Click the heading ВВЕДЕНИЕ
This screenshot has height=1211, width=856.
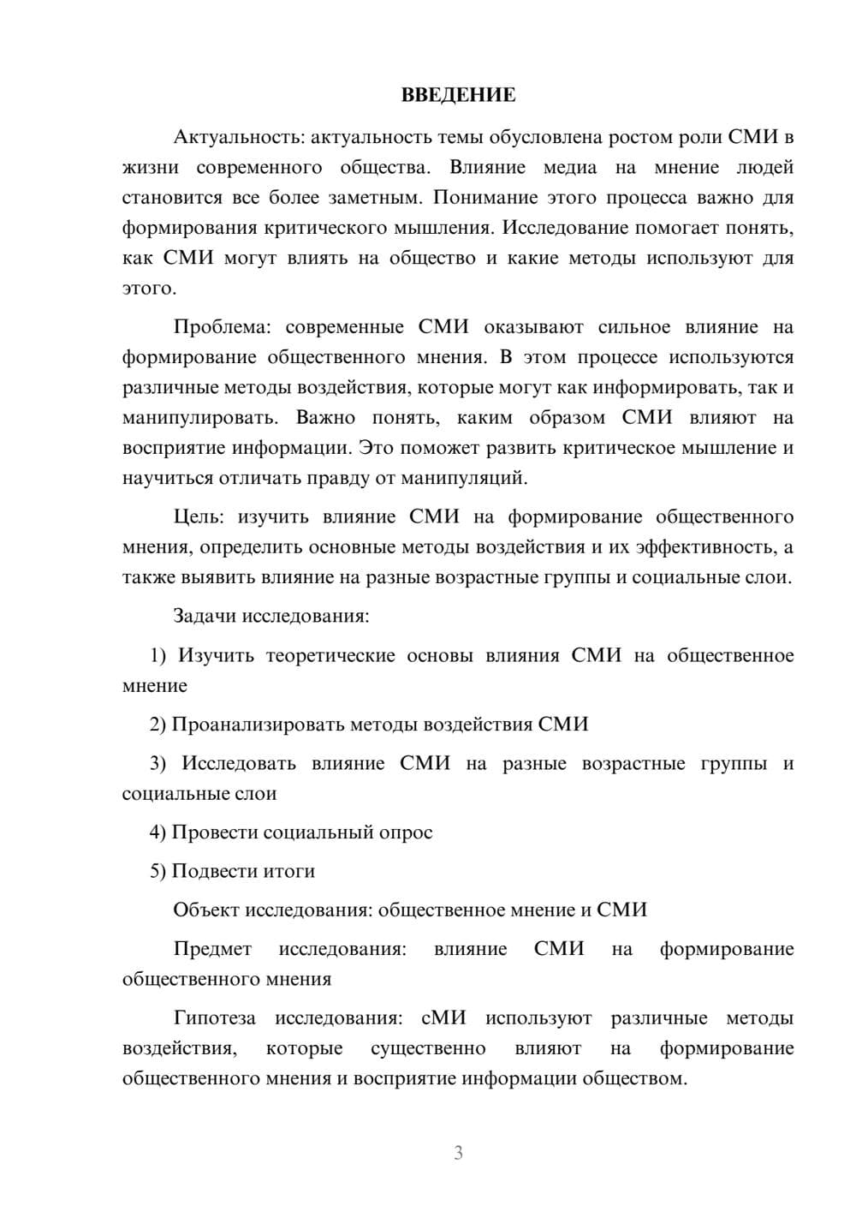(458, 95)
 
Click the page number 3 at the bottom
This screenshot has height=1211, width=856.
(458, 1153)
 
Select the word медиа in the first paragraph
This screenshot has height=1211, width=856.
(570, 167)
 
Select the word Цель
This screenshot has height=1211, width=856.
(199, 517)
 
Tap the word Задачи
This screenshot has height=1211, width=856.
(205, 617)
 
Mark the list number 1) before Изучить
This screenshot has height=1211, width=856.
(158, 656)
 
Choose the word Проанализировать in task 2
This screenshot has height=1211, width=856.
(258, 725)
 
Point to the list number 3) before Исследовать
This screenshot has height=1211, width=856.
(158, 764)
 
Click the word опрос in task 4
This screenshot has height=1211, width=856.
(406, 832)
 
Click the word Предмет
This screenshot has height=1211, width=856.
(212, 949)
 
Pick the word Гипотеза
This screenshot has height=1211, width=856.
(214, 1018)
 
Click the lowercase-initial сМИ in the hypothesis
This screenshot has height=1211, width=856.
(443, 1018)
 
